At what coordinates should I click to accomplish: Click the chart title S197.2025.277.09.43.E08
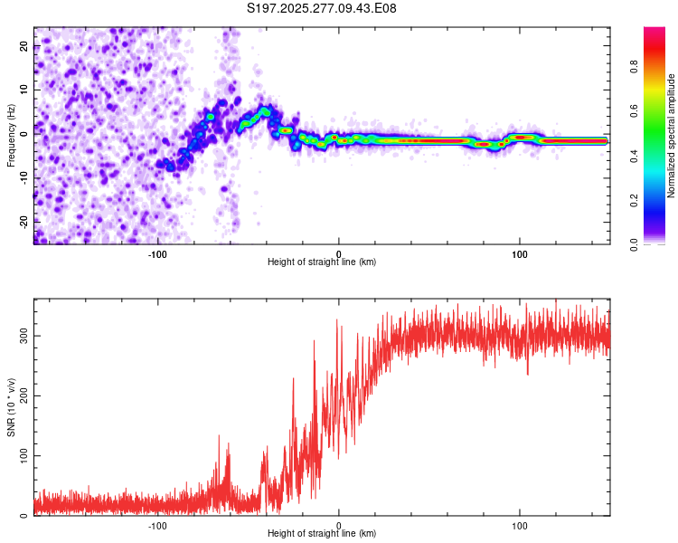pyautogui.click(x=322, y=8)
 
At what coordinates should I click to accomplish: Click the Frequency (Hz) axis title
pyautogui.click(x=11, y=136)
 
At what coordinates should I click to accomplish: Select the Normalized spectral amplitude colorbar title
pyautogui.click(x=671, y=136)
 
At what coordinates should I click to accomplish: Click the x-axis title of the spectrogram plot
pyautogui.click(x=322, y=262)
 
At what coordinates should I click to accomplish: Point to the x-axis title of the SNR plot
pyautogui.click(x=322, y=533)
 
